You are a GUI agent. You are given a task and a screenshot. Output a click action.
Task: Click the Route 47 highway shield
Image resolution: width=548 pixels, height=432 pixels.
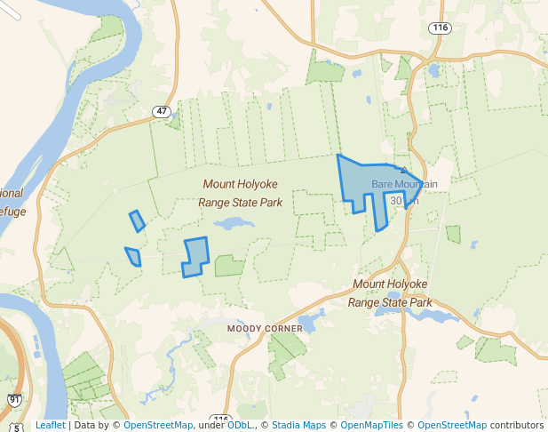pos(160,112)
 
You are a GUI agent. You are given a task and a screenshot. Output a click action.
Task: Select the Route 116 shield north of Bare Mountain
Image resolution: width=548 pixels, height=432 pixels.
pos(439,28)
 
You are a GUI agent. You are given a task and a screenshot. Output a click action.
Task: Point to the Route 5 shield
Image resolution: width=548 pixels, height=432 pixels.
pos(17,428)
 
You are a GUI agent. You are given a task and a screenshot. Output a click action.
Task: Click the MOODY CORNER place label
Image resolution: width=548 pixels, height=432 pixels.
pos(265,328)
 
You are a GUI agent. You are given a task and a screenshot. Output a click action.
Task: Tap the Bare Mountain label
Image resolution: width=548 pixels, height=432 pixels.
pos(404,184)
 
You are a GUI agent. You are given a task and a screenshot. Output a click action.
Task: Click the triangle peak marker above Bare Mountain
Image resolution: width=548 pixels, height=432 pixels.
pos(404,170)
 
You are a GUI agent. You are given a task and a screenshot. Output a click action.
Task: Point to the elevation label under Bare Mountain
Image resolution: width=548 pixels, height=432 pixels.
pos(403,200)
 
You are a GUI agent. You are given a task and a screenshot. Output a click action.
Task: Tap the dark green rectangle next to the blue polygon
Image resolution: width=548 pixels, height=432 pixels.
pos(228,266)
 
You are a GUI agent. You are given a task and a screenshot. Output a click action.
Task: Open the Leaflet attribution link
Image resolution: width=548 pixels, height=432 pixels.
pos(50,425)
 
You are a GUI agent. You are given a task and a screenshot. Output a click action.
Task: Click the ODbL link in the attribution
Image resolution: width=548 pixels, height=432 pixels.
pos(239,425)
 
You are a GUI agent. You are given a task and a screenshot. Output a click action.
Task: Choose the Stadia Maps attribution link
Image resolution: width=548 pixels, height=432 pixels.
pos(298,425)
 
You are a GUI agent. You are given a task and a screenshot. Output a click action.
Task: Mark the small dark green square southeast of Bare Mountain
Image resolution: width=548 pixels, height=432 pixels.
pos(454,235)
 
